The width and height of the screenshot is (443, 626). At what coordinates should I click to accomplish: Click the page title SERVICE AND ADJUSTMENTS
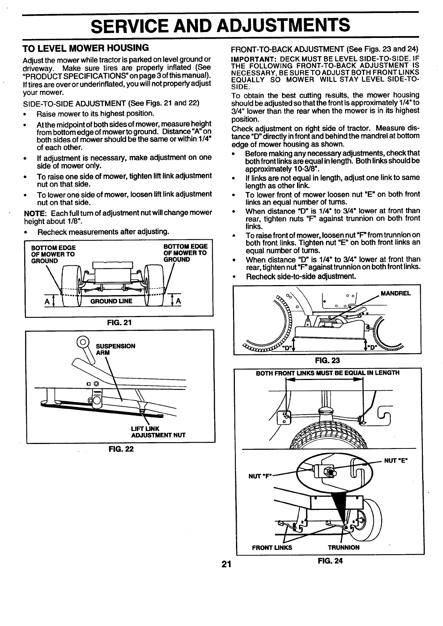click(221, 26)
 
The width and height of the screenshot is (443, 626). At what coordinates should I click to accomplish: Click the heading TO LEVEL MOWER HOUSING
click(86, 48)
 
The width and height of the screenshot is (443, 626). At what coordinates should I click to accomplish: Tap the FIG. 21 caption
click(118, 322)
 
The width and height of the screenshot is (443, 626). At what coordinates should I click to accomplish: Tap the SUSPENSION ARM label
click(115, 349)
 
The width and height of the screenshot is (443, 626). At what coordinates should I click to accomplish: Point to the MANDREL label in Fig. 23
click(395, 293)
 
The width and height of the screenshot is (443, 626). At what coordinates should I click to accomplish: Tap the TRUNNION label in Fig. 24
click(343, 547)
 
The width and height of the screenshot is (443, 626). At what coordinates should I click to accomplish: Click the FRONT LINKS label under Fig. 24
click(272, 547)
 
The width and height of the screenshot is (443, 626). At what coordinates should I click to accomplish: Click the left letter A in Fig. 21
click(47, 301)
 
